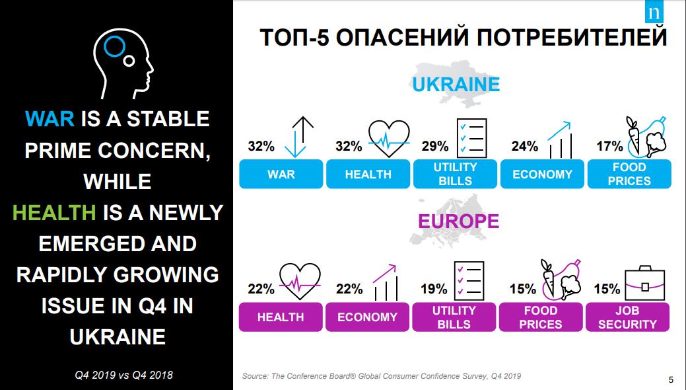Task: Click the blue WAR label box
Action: (281, 175)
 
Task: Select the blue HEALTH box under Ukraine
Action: (368, 175)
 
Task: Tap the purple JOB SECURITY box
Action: (627, 317)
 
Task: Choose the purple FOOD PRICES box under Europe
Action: (541, 317)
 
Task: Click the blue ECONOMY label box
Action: (542, 175)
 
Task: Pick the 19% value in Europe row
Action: (434, 289)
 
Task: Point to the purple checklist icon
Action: (470, 280)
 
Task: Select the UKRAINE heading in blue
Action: (456, 85)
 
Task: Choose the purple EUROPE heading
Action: (458, 221)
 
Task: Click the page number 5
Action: (671, 379)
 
